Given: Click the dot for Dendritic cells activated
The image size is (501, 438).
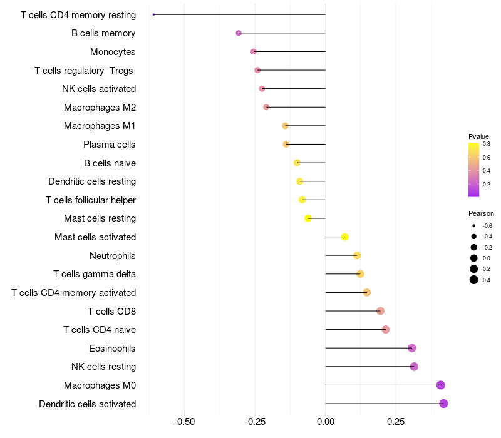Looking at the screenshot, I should point(443,404).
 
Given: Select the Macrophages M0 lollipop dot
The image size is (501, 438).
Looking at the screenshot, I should point(441,385).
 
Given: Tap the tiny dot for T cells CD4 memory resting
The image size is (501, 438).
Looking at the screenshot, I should point(153,14).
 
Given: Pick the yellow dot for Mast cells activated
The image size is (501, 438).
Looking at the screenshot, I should point(345,237).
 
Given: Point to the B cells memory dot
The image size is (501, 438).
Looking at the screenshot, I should point(239,33).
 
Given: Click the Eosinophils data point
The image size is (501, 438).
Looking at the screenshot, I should point(411,348).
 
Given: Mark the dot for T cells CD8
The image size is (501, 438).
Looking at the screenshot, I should point(380,311).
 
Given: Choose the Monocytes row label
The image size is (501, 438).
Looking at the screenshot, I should point(113,51).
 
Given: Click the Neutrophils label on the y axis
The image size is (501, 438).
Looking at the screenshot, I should point(113,255).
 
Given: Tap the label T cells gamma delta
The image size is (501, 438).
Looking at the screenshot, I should point(95,274).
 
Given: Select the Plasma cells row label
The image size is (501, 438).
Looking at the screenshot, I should point(110,145).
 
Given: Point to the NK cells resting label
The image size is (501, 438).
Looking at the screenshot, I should point(100,367).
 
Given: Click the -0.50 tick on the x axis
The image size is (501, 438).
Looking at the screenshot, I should point(184,422).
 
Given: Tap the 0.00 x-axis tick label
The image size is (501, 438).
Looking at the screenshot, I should point(326,422).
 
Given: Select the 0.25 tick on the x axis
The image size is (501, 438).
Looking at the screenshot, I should point(396,422).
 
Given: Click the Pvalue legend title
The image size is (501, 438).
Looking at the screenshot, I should point(478,136).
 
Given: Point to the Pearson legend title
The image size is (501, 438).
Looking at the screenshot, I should point(481,213).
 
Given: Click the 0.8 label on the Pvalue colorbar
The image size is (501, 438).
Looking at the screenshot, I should point(486,144).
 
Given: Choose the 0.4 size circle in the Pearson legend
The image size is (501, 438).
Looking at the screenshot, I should point(474,280).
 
